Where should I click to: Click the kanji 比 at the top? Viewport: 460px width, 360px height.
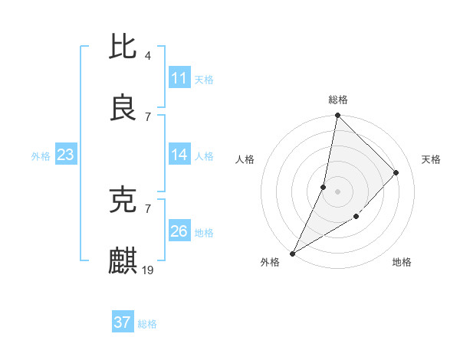[123, 48]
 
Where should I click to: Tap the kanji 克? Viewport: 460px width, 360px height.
[123, 201]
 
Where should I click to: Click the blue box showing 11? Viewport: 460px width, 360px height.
[179, 78]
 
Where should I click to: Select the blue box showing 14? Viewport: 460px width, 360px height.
[179, 155]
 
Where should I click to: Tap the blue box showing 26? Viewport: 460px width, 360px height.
[179, 231]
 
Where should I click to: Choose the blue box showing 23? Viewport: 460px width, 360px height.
[66, 155]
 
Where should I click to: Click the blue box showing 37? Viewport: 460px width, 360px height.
[123, 322]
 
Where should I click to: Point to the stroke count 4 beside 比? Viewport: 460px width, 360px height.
[147, 56]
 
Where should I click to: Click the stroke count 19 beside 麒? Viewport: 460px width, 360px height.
[149, 270]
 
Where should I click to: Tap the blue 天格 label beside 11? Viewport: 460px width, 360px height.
[204, 79]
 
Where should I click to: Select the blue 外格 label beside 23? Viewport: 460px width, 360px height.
[41, 155]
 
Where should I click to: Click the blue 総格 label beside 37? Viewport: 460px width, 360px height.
[147, 323]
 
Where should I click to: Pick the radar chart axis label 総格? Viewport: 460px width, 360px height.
[338, 100]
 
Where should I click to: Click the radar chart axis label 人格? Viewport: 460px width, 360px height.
[245, 159]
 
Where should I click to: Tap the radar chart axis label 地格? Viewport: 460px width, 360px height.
[402, 262]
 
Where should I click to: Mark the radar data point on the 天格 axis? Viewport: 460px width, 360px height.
[396, 172]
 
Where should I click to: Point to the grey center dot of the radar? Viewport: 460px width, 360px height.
[337, 191]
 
